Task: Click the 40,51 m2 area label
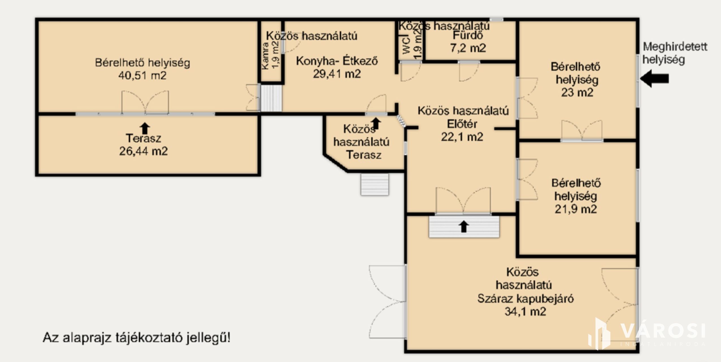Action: click(x=142, y=76)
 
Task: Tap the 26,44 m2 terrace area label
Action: click(x=143, y=151)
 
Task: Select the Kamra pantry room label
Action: click(x=265, y=56)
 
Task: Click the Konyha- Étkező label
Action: click(x=337, y=61)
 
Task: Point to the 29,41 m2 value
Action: click(x=337, y=74)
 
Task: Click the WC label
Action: click(x=407, y=45)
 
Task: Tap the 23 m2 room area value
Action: click(x=577, y=92)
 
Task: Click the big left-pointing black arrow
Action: click(x=654, y=78)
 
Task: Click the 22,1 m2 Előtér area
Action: click(x=462, y=137)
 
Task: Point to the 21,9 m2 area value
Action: click(x=576, y=209)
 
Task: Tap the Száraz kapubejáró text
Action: click(x=525, y=298)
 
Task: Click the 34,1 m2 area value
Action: click(x=525, y=311)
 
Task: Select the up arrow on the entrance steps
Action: click(x=464, y=226)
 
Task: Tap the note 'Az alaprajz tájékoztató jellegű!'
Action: click(x=137, y=338)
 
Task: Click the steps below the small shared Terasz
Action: click(x=375, y=184)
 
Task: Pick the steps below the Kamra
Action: click(x=271, y=98)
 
